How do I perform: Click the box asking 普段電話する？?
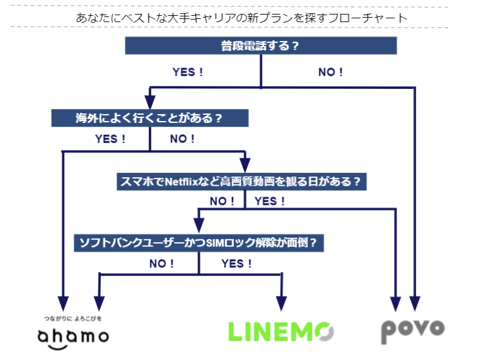point(260,45)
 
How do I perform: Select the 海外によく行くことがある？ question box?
point(149,118)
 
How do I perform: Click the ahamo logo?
point(72,334)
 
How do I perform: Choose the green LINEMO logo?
point(281,332)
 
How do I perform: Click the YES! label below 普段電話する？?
point(188,72)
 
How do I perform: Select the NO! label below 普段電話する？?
point(330,72)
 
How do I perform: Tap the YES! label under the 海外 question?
point(110,139)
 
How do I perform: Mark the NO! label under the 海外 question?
point(182,139)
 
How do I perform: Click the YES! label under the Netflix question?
point(269,201)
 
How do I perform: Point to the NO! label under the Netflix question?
point(222,201)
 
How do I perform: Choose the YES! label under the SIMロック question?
point(236,264)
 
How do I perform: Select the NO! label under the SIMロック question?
point(161,264)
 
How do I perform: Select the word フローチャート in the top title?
point(369,18)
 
